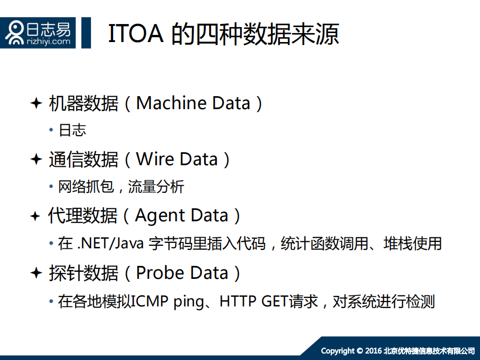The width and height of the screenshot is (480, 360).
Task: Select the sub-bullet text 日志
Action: tap(73, 130)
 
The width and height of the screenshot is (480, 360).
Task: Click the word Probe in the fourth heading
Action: tap(159, 273)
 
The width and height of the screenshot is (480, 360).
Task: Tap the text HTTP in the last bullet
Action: tap(238, 301)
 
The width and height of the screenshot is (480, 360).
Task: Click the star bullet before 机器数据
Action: tap(36, 103)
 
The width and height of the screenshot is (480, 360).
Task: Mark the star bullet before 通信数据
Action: tap(36, 159)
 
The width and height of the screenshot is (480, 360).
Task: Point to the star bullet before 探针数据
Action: tap(36, 273)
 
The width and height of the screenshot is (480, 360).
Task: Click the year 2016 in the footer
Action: tap(373, 350)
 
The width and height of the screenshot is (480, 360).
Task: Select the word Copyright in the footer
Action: tap(338, 350)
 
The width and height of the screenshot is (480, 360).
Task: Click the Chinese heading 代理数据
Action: tap(83, 216)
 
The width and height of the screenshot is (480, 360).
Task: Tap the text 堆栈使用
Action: tap(412, 244)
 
